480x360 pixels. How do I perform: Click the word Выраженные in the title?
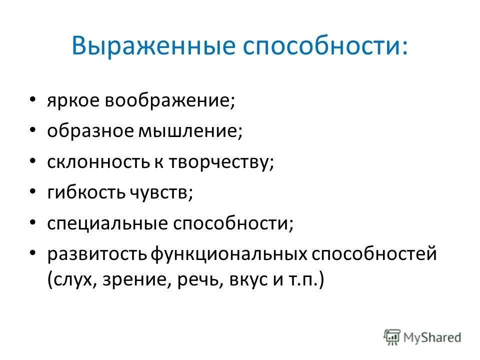(x=150, y=46)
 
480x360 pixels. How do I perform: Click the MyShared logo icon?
(x=392, y=336)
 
